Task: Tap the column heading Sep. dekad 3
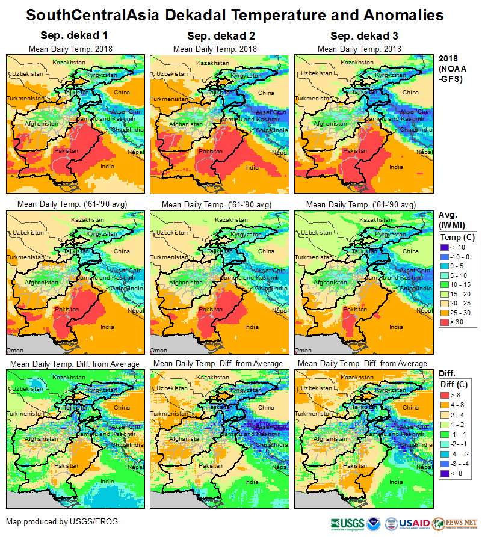pyautogui.click(x=359, y=36)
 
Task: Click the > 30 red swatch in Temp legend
pyautogui.click(x=446, y=322)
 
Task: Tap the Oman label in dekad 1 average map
pyautogui.click(x=14, y=349)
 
